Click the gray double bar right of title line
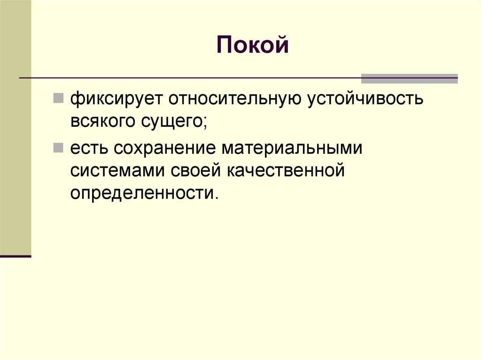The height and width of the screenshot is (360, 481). [x=409, y=78]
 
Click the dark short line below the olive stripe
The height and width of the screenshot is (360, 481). [x=16, y=256]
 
